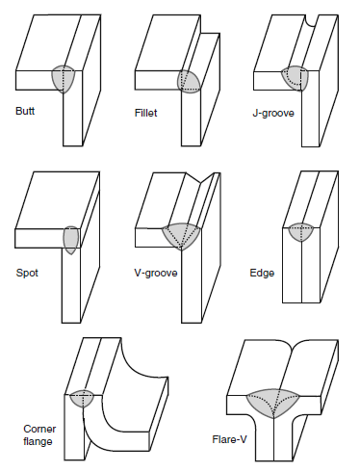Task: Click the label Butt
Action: point(25,111)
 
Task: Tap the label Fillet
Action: point(146,113)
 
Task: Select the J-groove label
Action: point(273,113)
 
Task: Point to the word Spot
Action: point(27,273)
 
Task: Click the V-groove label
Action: point(156,273)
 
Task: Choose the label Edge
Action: point(262,273)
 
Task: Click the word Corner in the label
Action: point(39,429)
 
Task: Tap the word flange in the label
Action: point(38,441)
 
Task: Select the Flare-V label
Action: point(229,439)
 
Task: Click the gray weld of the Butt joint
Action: point(64,79)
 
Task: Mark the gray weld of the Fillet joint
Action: point(189,82)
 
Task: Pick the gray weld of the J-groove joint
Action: point(296,78)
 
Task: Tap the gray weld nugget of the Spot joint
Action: point(71,240)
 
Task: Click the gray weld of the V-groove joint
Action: point(181,236)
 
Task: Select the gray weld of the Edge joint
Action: point(301,232)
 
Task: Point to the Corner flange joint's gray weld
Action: point(82,398)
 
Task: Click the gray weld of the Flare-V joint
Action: point(273,403)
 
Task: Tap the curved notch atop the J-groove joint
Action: point(311,20)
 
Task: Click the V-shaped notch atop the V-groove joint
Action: point(200,178)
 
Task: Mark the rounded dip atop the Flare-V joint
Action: point(291,345)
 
